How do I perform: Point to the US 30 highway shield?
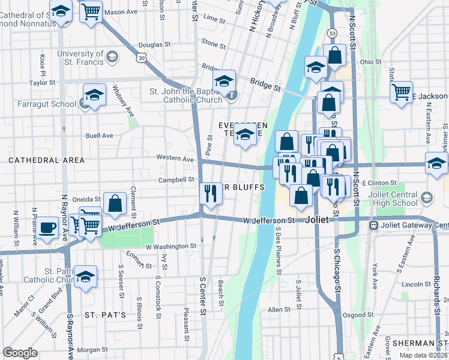(x=141, y=58)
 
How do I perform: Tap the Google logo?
(x=20, y=353)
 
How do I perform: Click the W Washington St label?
(x=171, y=246)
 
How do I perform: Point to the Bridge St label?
(x=265, y=88)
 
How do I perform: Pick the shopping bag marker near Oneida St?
(x=114, y=204)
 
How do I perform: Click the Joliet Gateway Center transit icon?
(x=373, y=226)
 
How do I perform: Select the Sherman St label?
(x=419, y=343)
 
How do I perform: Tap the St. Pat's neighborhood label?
(x=105, y=314)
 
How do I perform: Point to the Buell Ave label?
(x=99, y=136)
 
